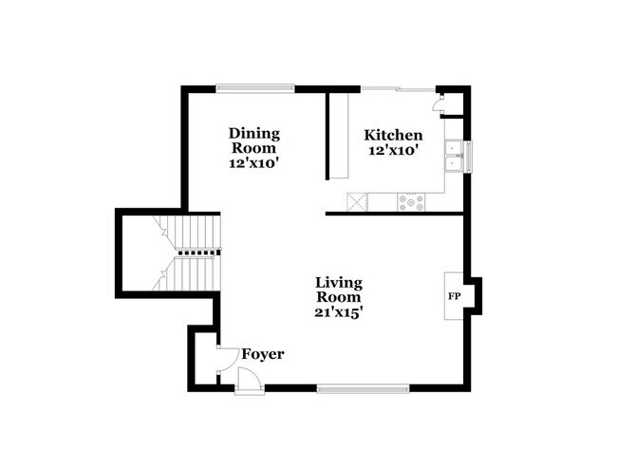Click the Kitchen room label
[x=393, y=136]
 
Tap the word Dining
[x=253, y=134]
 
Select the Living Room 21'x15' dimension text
[x=341, y=309]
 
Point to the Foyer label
[x=263, y=354]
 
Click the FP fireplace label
[x=455, y=296]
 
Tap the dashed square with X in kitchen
[x=357, y=201]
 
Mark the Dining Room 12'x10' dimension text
[x=252, y=162]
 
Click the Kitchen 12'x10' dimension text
[x=392, y=149]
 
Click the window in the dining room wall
[x=254, y=88]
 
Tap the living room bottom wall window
[x=364, y=387]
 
